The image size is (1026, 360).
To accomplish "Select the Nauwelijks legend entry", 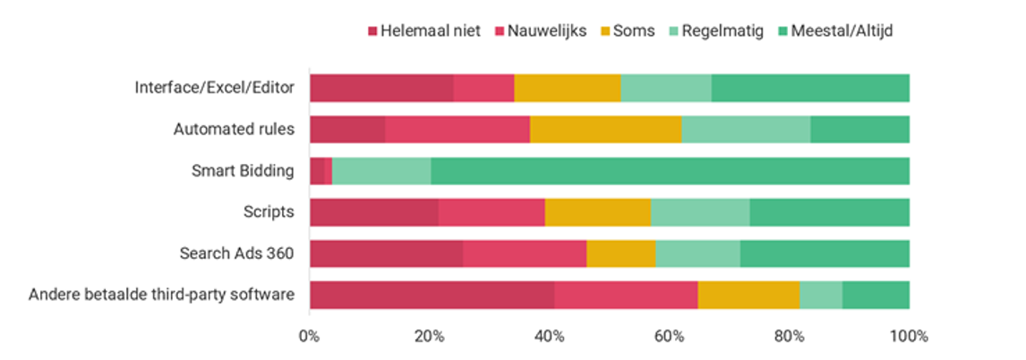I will (x=540, y=31).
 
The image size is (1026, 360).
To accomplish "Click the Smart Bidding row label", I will (x=243, y=170).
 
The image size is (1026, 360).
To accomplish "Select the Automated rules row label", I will (x=234, y=129).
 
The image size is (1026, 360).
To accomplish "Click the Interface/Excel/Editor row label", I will (x=214, y=88).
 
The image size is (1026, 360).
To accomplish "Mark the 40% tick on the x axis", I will (x=549, y=337).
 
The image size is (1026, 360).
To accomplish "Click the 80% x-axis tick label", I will (x=790, y=337).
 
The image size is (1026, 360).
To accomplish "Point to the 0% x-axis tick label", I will (x=309, y=337).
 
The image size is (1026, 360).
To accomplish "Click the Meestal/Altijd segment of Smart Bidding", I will (x=670, y=170).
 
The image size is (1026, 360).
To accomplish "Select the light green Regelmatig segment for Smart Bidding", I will (x=380, y=170).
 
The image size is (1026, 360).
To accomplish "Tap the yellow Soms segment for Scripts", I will (x=597, y=212).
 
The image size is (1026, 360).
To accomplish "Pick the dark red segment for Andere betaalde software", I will (x=432, y=295).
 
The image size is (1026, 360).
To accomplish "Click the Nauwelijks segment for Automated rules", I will (x=457, y=129).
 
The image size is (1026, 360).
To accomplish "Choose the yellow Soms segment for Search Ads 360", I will (x=620, y=253).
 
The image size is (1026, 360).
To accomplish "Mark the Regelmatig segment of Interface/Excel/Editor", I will (x=665, y=88).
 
